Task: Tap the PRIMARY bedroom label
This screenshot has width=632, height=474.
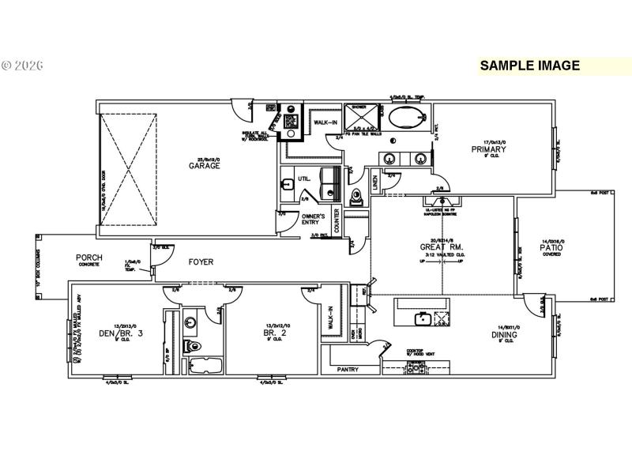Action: (x=483, y=149)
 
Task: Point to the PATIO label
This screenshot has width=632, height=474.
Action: (x=551, y=247)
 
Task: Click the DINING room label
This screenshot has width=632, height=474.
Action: (x=504, y=334)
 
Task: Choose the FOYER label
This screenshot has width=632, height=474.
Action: (x=201, y=261)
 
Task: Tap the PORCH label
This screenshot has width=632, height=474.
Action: (x=88, y=258)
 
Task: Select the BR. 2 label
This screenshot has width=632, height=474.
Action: (x=274, y=333)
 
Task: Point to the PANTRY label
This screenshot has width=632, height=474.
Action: (x=348, y=369)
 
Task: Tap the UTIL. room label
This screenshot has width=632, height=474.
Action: (x=304, y=179)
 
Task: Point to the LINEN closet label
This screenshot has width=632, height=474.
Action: (x=375, y=182)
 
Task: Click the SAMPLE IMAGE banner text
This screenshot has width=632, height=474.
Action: (x=529, y=66)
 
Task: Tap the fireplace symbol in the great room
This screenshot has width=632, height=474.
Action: (x=439, y=204)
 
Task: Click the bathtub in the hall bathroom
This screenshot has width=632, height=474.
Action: (x=204, y=365)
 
